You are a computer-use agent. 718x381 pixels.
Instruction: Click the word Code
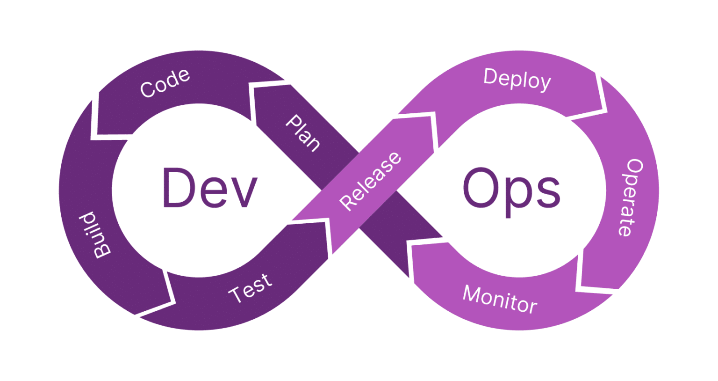165,83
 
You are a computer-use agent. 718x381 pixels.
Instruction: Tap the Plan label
303,133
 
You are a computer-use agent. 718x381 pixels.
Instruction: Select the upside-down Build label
95,234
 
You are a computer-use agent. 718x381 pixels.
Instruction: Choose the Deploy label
517,79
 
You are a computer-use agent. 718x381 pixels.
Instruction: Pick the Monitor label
500,299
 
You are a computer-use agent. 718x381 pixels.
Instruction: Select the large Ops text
511,190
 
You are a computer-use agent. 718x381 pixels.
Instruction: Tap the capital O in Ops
481,187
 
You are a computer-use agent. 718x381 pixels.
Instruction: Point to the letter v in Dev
245,192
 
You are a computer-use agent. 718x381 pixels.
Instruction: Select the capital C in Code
147,89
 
